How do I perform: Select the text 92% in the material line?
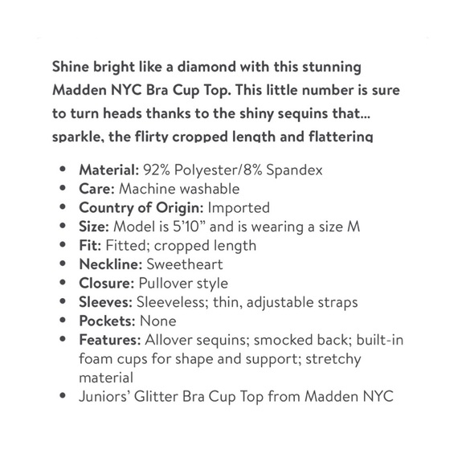coord(157,170)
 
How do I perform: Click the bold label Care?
coord(96,189)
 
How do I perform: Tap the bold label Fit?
coord(90,245)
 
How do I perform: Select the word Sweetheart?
coord(185,264)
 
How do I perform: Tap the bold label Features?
coord(110,340)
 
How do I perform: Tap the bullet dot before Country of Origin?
coord(64,208)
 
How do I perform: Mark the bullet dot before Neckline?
coord(64,264)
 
